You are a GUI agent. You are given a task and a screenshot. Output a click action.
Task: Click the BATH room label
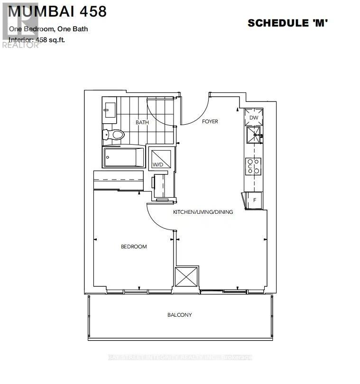(x=142, y=122)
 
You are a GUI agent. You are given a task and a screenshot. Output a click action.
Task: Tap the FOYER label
(x=210, y=122)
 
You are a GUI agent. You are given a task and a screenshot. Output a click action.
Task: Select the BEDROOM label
(x=134, y=247)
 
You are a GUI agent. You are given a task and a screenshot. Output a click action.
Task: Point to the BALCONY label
(x=179, y=315)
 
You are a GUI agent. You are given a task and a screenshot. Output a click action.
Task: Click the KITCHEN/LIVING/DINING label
(x=203, y=212)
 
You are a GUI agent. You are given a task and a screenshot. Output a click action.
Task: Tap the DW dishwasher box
(x=253, y=118)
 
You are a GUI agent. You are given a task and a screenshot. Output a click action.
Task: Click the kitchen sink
(x=253, y=135)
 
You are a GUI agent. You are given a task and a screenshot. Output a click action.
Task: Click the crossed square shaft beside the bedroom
(x=186, y=276)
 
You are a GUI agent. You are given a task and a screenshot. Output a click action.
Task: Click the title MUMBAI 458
(x=57, y=11)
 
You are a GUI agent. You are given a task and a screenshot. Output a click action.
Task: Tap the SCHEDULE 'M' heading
(x=288, y=23)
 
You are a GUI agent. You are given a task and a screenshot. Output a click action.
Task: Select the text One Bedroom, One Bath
(x=48, y=29)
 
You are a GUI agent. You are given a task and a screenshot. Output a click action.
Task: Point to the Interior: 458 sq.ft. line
(x=37, y=40)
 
